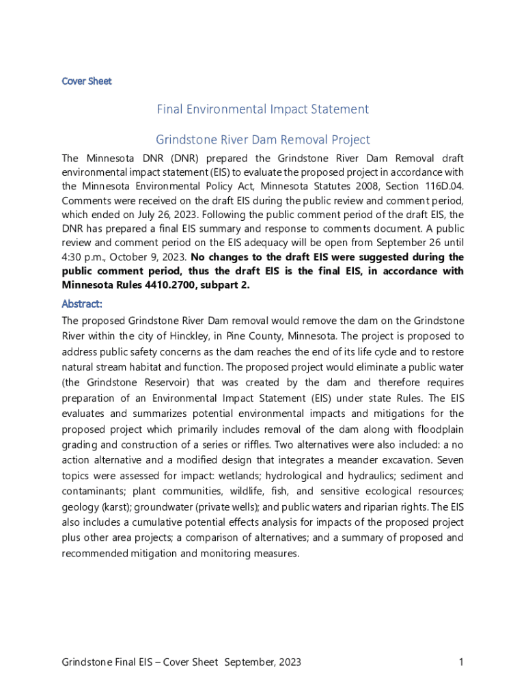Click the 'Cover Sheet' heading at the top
(87, 81)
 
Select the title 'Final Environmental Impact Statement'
(263, 109)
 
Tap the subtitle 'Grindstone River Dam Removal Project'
(263, 140)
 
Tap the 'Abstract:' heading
(82, 304)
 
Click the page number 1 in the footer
(461, 662)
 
